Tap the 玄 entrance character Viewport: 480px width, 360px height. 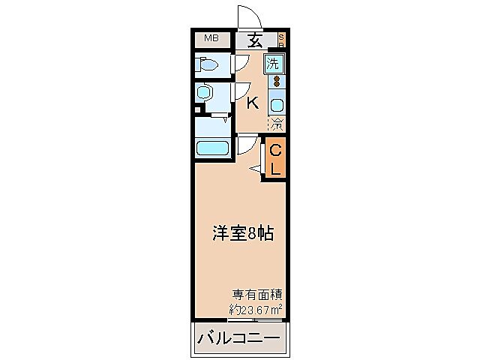coord(256,40)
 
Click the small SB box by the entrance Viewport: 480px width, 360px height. coord(281,39)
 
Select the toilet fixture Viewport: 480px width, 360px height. coord(206,65)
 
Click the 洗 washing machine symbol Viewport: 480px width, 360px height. coord(276,63)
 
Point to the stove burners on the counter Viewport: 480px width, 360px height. coord(276,81)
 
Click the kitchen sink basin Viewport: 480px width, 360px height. coord(276,104)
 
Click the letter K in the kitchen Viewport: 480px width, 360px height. coord(253,103)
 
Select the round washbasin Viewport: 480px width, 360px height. coord(203,93)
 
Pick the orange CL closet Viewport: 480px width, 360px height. coord(275,160)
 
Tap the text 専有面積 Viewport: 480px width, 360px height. coord(256,295)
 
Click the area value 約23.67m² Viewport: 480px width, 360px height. coord(256,308)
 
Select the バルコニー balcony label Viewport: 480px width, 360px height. coord(238,339)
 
